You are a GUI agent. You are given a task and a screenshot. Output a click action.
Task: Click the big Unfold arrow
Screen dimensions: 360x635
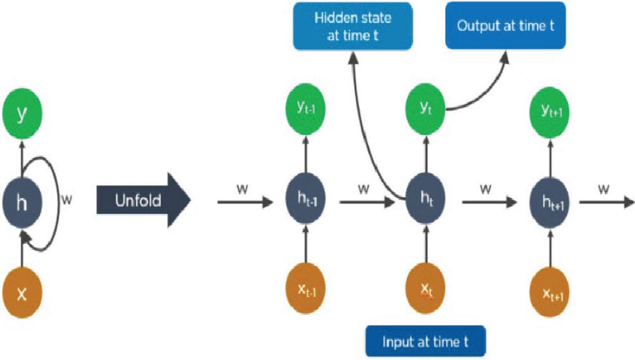click(x=144, y=200)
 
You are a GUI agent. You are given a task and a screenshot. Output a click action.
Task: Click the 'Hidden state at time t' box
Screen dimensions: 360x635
click(x=353, y=26)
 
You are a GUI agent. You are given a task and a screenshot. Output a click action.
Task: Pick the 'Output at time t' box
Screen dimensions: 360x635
click(x=505, y=26)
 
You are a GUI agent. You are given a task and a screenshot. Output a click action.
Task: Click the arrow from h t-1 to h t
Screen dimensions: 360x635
click(x=364, y=202)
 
